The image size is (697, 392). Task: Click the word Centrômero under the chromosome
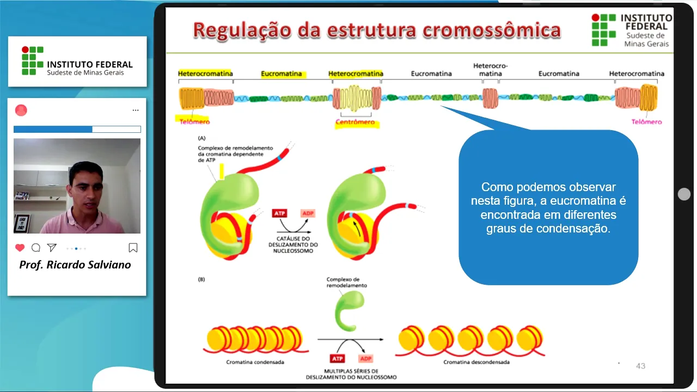[x=355, y=122]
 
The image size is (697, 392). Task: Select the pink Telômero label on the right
[x=646, y=122]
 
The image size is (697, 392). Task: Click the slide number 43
[x=640, y=366]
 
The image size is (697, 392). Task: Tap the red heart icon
[x=20, y=248]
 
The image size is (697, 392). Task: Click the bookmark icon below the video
[x=133, y=248]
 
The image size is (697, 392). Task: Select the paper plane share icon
[x=52, y=248]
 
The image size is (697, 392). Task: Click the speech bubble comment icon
[x=36, y=248]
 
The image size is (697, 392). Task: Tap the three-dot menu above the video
[x=136, y=111]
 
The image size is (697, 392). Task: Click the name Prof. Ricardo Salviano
[x=75, y=265]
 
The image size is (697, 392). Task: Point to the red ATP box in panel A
[x=280, y=213]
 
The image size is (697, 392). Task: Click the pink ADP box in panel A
[x=308, y=213]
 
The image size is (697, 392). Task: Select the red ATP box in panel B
[x=337, y=359]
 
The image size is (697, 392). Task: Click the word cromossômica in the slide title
[x=492, y=30]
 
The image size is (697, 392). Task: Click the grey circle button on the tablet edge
[x=684, y=194]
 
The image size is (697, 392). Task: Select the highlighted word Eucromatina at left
[x=281, y=73]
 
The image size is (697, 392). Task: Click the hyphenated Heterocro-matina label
[x=490, y=70]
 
